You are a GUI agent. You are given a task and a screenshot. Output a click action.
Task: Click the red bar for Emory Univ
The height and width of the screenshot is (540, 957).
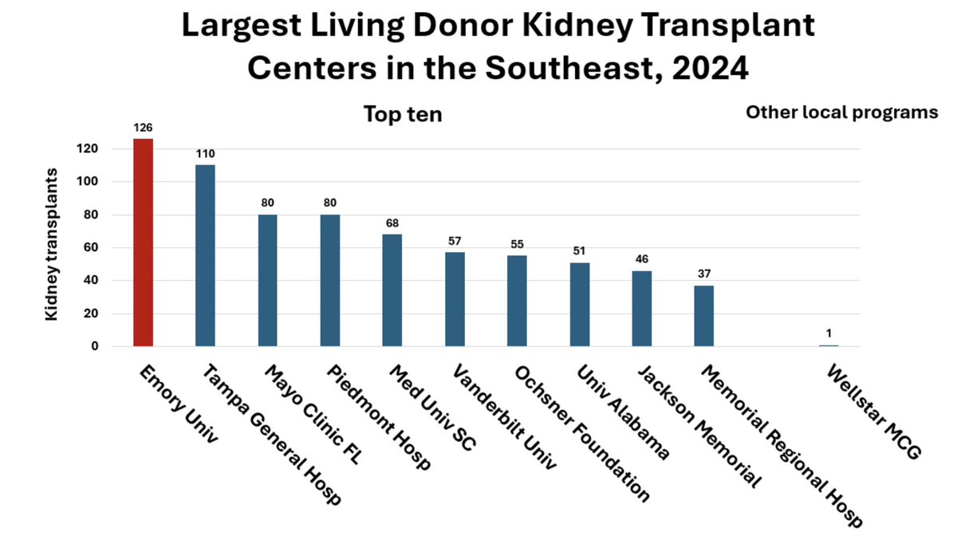(143, 242)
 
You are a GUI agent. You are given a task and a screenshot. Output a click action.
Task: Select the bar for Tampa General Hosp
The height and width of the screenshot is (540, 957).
(205, 255)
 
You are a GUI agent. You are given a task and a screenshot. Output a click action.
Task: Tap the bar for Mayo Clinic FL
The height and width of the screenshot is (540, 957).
(268, 280)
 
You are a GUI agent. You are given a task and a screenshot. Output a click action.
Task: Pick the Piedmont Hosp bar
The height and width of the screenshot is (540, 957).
(330, 280)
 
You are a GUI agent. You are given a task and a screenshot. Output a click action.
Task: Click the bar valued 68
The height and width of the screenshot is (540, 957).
(392, 290)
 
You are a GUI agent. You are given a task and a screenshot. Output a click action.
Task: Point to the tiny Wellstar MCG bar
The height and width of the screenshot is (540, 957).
(829, 345)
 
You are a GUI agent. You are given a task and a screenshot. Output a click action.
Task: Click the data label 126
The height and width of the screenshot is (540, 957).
(143, 128)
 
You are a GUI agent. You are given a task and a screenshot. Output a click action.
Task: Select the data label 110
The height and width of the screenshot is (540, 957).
(205, 154)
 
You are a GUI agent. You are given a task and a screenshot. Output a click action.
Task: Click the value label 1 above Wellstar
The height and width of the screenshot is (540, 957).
(829, 333)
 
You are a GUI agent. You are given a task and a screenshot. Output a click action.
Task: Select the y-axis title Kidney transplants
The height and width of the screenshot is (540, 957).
(52, 244)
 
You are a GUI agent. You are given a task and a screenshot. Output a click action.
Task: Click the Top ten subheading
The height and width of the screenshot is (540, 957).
(403, 115)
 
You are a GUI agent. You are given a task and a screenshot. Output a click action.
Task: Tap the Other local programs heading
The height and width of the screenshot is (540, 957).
(841, 112)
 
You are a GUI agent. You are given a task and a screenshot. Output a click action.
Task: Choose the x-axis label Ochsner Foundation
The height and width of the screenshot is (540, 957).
(581, 434)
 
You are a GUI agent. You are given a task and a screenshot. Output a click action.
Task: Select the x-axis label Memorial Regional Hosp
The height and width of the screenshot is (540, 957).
(782, 447)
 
